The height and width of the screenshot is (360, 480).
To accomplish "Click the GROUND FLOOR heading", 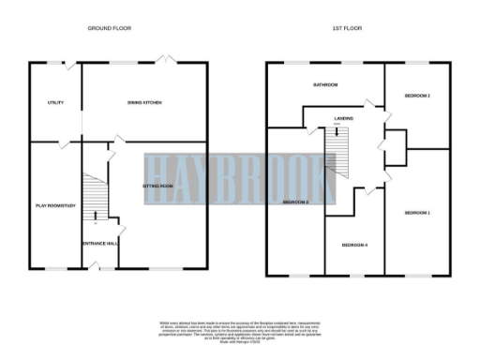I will (109, 29).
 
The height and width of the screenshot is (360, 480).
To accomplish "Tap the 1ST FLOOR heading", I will (346, 29).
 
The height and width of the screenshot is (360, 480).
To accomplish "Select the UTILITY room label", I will (54, 101).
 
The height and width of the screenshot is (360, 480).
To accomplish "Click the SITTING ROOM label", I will (157, 187).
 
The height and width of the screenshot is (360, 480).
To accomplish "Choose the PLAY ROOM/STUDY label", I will (54, 204).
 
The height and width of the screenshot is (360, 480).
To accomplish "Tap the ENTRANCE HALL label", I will (101, 243).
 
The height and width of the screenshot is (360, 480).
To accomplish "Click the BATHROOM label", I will (325, 84).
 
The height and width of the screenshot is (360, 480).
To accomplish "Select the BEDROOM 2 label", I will (416, 96).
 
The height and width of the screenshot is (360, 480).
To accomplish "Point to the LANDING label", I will (343, 119).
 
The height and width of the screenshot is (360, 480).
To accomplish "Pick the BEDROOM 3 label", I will (295, 202).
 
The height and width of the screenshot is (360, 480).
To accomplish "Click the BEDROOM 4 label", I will (353, 245).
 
